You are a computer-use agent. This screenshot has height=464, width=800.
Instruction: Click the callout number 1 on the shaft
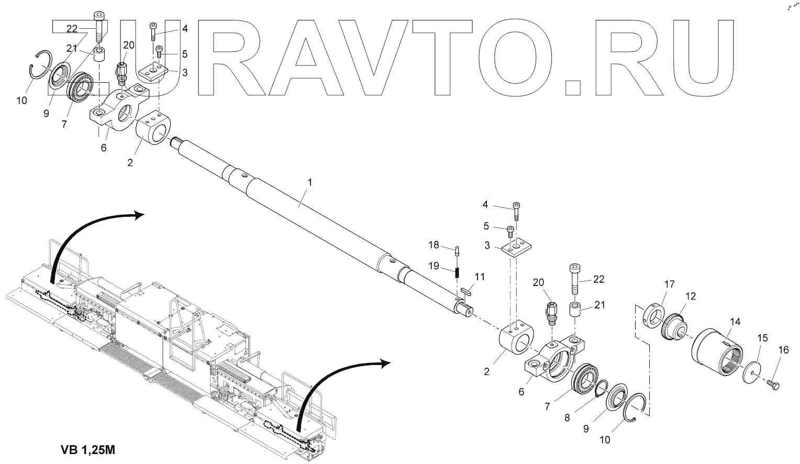[x=309, y=183]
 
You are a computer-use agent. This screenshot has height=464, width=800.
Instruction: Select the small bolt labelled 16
[x=772, y=385]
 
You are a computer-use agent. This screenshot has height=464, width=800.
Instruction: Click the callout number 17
[x=669, y=284]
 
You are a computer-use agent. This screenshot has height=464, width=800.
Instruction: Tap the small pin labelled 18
[x=458, y=250]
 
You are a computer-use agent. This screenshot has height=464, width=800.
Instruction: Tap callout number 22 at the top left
[x=72, y=28]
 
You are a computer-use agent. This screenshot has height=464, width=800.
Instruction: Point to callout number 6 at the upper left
[x=104, y=148]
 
